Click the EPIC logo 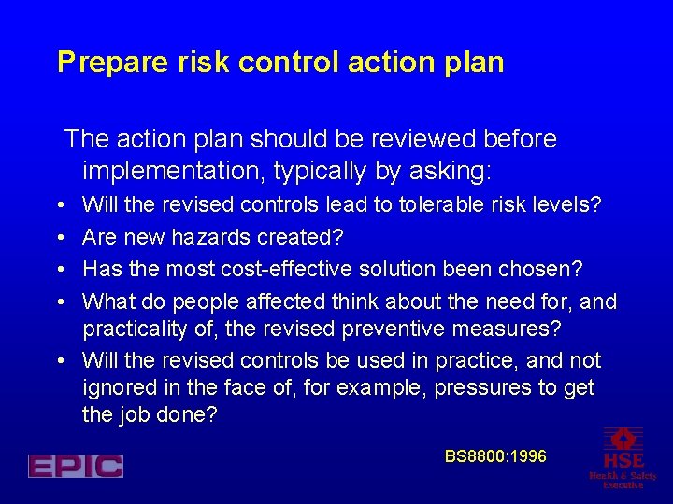[76, 466]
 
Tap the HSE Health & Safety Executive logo [623, 457]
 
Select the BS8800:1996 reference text [495, 456]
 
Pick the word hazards [211, 236]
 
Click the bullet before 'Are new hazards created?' [60, 237]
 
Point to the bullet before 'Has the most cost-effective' [60, 270]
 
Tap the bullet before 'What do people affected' [60, 301]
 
